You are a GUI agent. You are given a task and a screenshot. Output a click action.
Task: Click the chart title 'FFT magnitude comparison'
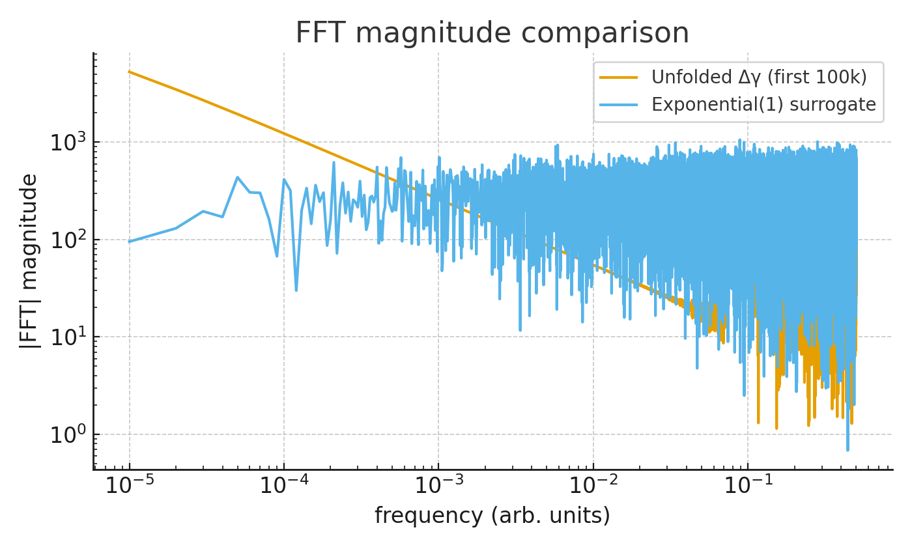point(492,33)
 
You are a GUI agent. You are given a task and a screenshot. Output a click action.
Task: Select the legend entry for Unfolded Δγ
point(759,77)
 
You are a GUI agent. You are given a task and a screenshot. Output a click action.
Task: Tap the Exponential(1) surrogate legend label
point(763,105)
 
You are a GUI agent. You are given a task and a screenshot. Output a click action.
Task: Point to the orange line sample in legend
point(618,77)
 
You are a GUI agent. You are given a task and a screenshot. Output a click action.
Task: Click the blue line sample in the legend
point(618,105)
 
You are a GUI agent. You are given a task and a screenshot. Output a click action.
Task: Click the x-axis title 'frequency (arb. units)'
point(492,516)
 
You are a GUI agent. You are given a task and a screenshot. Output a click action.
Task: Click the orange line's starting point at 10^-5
point(129,72)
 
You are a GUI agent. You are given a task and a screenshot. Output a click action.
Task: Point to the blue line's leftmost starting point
point(129,242)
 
